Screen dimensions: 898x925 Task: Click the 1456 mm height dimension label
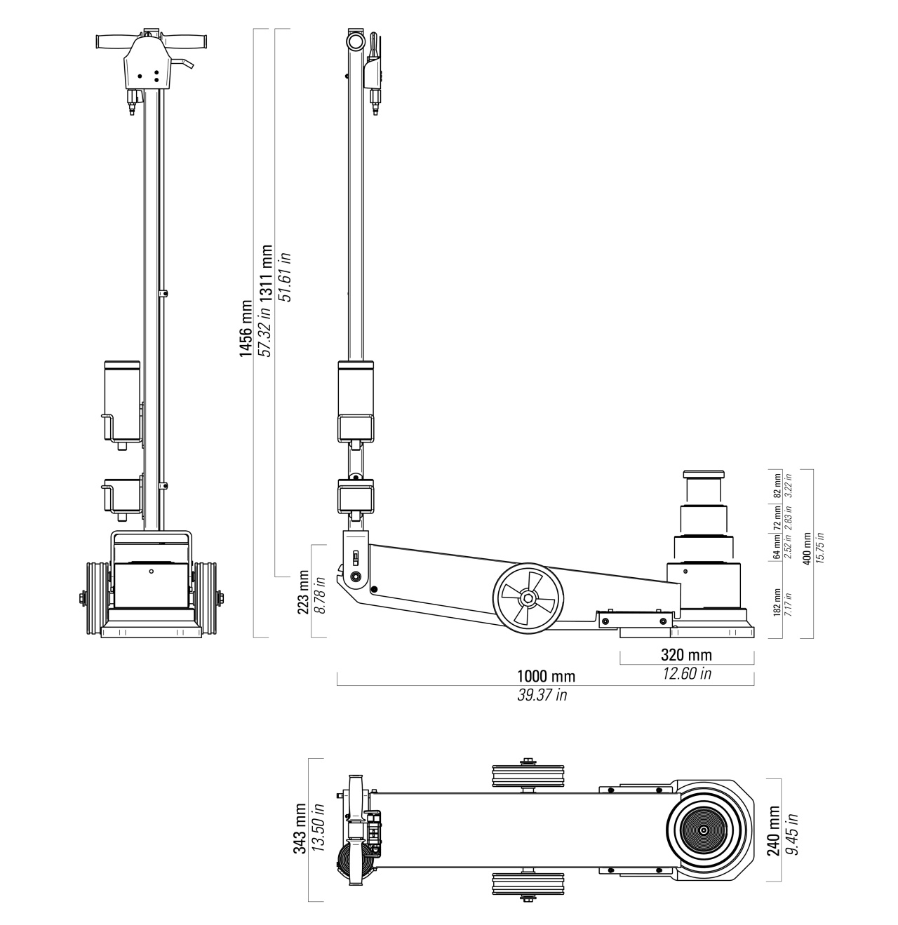point(246,328)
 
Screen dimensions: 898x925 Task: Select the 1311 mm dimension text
point(267,274)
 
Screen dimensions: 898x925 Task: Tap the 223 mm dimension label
point(303,592)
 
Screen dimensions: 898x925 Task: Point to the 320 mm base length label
point(686,655)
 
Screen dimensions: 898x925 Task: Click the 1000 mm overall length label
point(546,677)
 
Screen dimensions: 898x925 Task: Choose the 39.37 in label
point(542,695)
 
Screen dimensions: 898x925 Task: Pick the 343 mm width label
point(300,828)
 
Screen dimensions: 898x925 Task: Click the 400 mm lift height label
point(807,548)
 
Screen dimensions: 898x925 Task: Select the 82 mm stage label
point(777,486)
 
